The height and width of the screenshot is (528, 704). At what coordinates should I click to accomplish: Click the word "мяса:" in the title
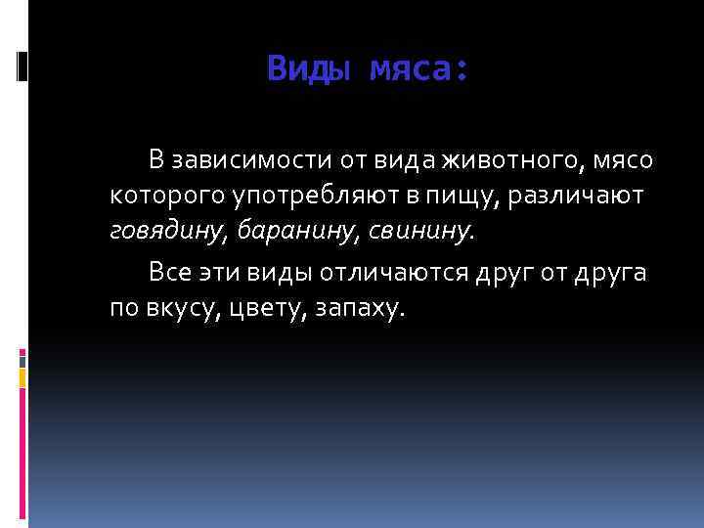coord(419,69)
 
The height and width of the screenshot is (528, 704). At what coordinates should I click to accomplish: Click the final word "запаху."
coord(361,308)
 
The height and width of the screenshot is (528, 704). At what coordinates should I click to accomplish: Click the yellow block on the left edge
coord(22,374)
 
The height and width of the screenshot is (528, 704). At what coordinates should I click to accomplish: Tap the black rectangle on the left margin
coord(22,66)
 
